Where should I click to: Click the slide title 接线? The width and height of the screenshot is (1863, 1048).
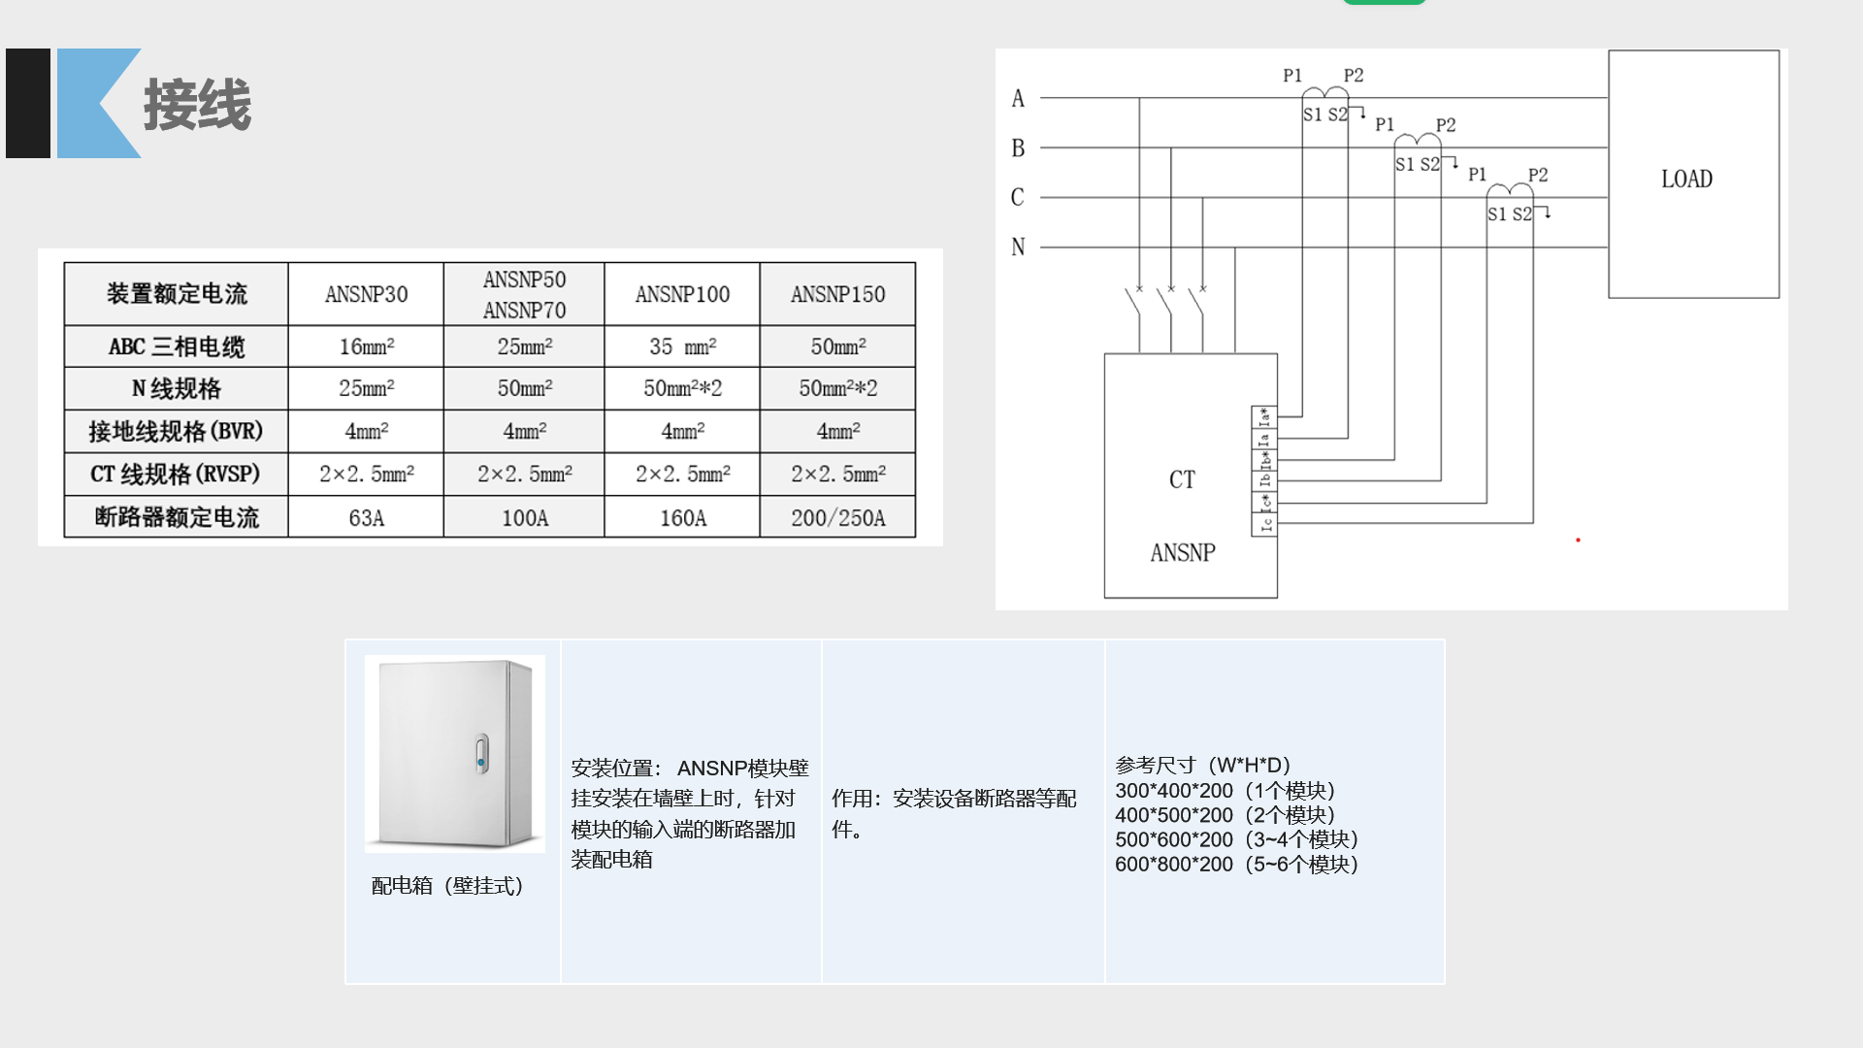197,105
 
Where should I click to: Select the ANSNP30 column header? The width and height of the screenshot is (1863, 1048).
366,294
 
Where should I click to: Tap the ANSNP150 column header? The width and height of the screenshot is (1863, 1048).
837,294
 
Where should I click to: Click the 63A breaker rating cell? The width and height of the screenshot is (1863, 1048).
366,518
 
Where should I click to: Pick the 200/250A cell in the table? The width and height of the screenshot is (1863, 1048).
837,518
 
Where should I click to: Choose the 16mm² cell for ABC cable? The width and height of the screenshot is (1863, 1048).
366,346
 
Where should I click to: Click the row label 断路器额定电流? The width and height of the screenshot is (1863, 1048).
177,517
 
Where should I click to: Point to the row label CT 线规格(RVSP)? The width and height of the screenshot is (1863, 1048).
176,474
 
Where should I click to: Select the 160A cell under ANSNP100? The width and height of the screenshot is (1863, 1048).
682,518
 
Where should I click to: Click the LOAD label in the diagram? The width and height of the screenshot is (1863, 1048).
1686,180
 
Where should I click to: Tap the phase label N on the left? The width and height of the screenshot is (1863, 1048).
1018,247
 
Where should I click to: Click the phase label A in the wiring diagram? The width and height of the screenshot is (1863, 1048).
1018,98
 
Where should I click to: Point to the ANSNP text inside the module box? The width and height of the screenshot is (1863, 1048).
1182,553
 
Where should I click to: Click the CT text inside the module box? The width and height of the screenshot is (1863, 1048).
1182,479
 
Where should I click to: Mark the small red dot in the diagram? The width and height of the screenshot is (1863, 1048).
1578,540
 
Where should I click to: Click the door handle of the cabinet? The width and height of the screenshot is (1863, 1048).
481,754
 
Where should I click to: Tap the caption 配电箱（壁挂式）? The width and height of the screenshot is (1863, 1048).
447,886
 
